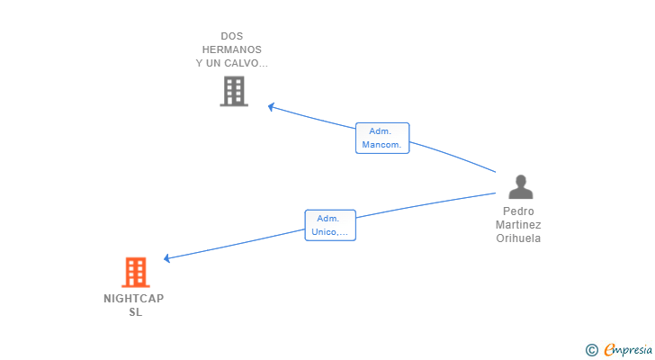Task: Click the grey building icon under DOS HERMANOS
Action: (x=234, y=91)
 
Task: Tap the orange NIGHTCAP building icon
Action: (x=136, y=273)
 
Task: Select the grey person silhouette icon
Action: (x=520, y=186)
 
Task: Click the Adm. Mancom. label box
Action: (x=382, y=138)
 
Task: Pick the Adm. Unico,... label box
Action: (x=330, y=225)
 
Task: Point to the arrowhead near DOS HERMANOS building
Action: (x=271, y=107)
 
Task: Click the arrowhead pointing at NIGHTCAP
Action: (x=166, y=258)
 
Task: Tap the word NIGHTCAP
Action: (x=134, y=299)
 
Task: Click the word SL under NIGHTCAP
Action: (x=135, y=312)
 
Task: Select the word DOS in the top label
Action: (x=232, y=36)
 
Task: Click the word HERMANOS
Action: (x=232, y=49)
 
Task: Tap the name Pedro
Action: (x=518, y=211)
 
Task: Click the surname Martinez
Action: (x=518, y=225)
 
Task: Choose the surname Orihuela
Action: (x=518, y=238)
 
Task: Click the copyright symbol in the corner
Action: (x=591, y=350)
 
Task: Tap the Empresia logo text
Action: (x=628, y=350)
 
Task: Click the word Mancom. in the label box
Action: (x=381, y=145)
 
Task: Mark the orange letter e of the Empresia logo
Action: (x=609, y=350)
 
